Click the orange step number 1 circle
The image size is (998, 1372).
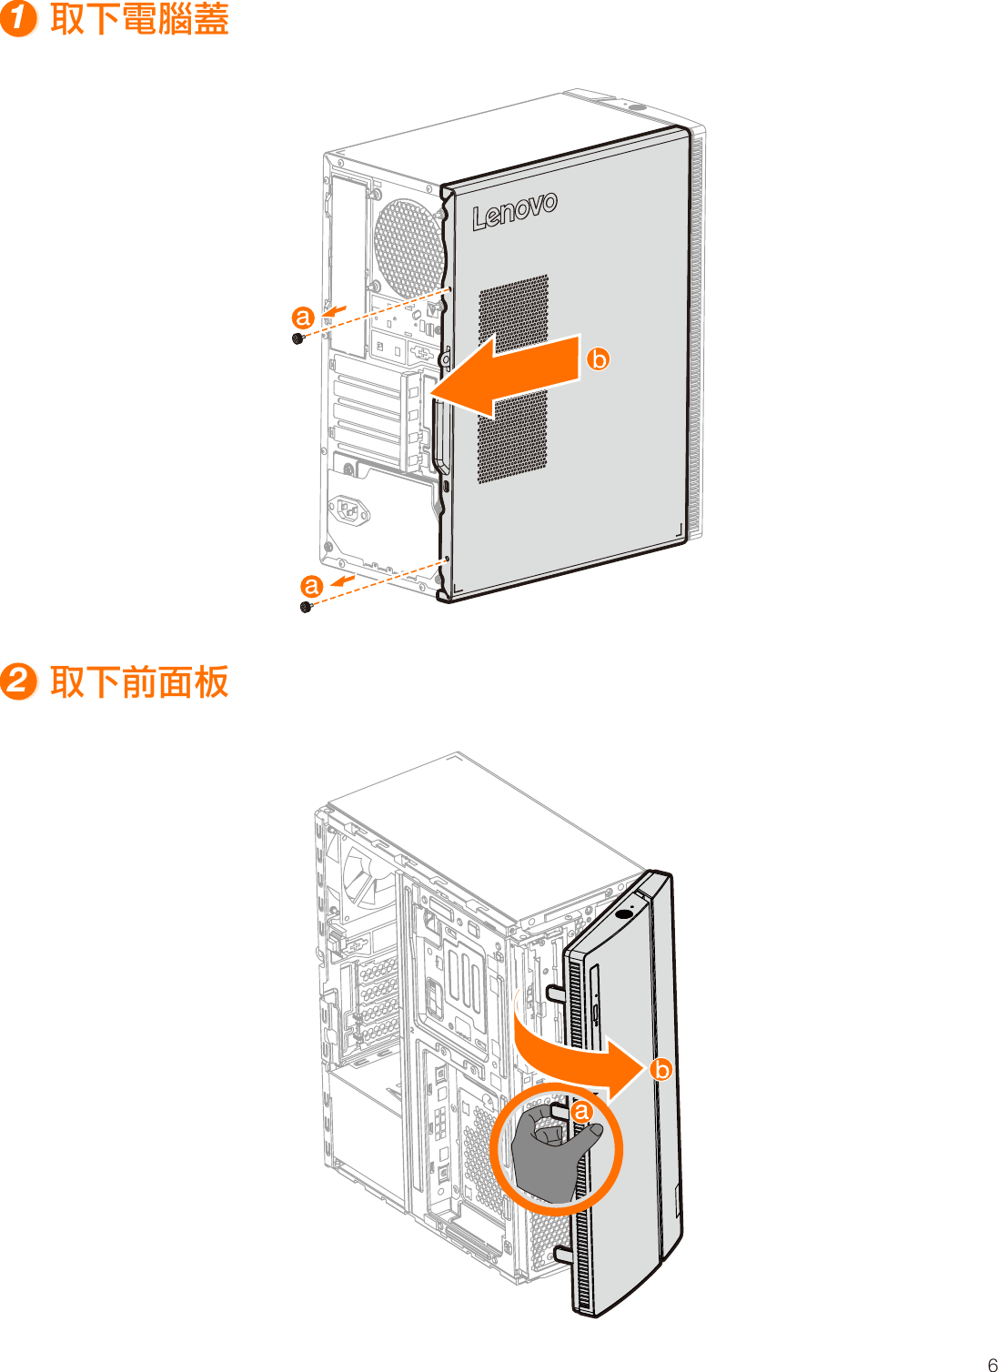click(18, 19)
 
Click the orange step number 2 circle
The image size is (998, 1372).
click(18, 681)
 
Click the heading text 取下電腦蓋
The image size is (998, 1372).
click(139, 19)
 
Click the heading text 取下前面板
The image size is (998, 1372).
click(139, 681)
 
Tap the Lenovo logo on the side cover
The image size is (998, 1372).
click(514, 211)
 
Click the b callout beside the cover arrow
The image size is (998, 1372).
click(598, 359)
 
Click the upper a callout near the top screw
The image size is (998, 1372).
click(303, 318)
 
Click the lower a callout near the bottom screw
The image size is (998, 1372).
click(311, 586)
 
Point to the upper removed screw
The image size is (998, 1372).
click(297, 338)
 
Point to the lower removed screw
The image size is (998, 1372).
click(306, 607)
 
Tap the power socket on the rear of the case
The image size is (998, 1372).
click(349, 510)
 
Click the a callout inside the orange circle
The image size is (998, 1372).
click(580, 1112)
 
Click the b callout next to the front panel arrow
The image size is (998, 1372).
click(661, 1069)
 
